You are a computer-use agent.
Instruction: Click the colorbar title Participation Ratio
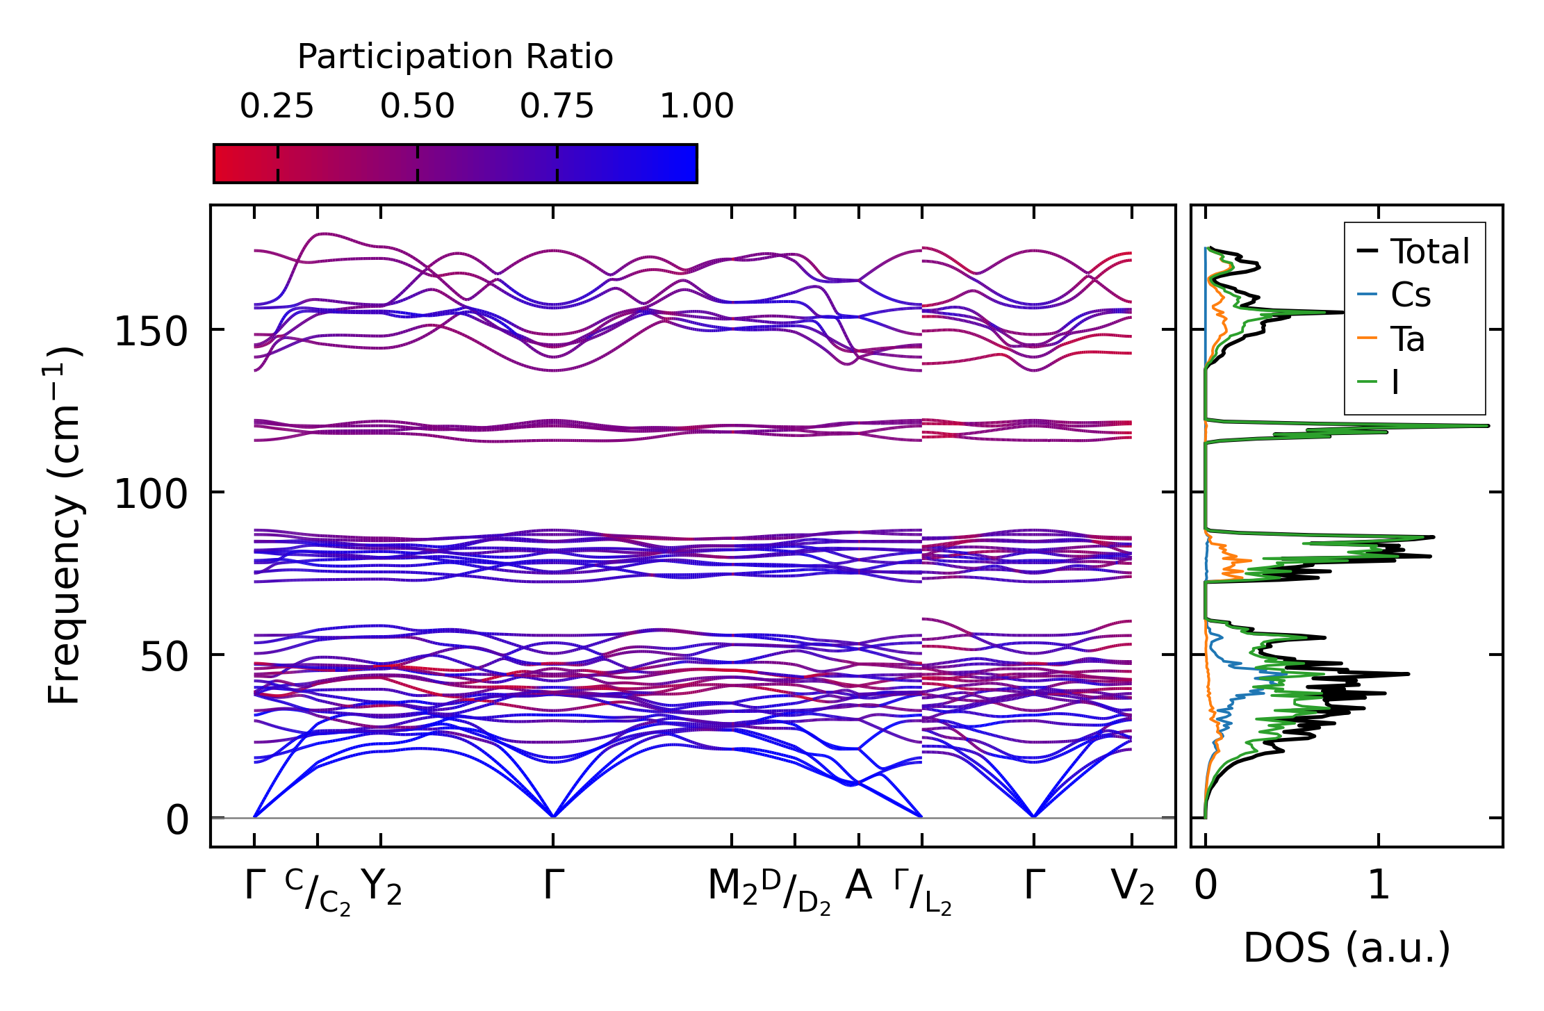click(455, 57)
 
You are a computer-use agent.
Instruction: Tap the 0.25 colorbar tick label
click(277, 106)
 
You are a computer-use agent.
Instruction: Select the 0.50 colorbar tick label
click(417, 106)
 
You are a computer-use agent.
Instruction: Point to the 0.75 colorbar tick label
click(557, 106)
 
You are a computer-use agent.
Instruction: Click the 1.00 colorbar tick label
click(696, 106)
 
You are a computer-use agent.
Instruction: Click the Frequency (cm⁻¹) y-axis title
click(65, 525)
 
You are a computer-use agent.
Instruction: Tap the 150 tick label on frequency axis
click(151, 332)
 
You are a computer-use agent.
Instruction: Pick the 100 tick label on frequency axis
click(151, 495)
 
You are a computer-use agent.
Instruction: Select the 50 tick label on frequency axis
click(164, 657)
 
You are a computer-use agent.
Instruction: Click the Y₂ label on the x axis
click(381, 887)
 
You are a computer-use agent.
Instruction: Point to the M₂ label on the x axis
click(732, 887)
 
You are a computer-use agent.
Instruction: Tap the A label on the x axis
click(859, 886)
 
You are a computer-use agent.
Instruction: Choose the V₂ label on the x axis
click(1133, 887)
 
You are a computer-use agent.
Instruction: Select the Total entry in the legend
click(1429, 252)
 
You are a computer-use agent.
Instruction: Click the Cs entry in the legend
click(1410, 295)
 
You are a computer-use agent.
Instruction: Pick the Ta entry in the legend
click(1407, 340)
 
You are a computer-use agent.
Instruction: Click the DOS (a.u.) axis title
click(1347, 948)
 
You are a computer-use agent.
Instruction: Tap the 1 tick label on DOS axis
click(1379, 886)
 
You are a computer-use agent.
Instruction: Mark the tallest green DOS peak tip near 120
click(1488, 426)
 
